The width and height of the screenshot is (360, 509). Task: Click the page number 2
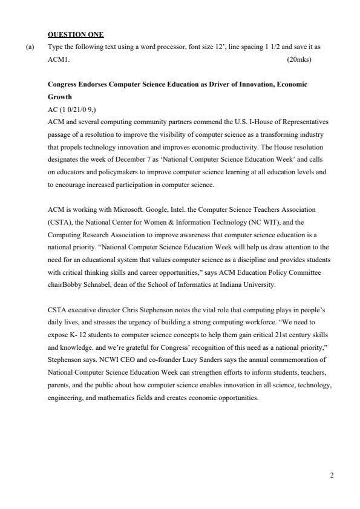pyautogui.click(x=332, y=475)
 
